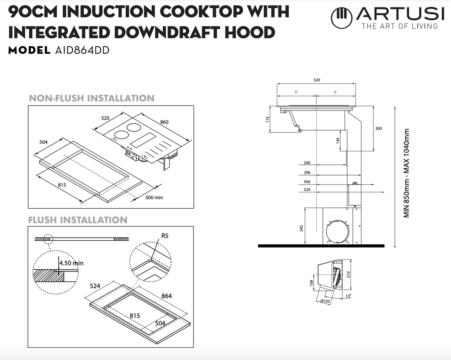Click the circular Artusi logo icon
[341, 18]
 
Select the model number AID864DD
[82, 50]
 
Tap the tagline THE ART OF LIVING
[399, 26]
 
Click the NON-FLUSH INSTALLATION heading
[91, 98]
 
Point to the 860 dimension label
[164, 122]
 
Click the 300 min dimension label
[154, 197]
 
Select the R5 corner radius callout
[165, 236]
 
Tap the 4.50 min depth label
[71, 263]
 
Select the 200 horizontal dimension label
[307, 163]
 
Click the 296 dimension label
[307, 173]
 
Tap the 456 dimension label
[307, 182]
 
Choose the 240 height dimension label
[301, 228]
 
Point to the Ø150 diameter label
[325, 301]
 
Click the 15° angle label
[348, 296]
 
